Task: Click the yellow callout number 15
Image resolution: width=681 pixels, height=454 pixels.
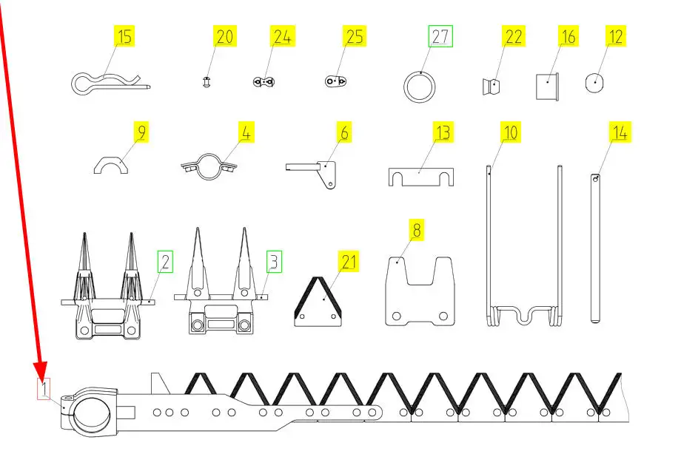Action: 124,36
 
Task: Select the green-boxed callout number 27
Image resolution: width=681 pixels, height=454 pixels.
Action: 440,36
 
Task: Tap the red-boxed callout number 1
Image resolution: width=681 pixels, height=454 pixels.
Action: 44,388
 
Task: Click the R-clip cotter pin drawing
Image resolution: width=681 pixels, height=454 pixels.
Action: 111,83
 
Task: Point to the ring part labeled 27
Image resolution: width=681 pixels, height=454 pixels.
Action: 405,87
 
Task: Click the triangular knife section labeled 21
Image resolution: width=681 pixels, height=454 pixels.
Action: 318,301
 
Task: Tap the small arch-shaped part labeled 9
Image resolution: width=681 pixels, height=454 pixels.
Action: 111,161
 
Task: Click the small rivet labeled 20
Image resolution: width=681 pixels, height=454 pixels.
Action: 207,81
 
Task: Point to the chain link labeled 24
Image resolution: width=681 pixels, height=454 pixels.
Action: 264,81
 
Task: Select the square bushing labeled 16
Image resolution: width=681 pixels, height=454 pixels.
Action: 547,87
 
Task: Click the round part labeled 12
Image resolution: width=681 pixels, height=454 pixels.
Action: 594,83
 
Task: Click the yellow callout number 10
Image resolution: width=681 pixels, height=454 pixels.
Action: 510,132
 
